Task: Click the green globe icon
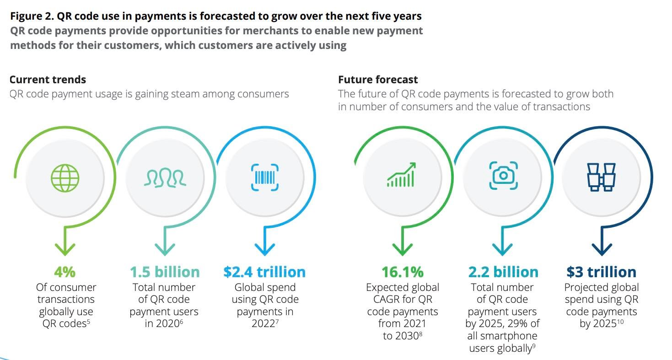(x=65, y=177)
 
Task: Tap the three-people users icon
(x=165, y=177)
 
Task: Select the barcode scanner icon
(x=265, y=177)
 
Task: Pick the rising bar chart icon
(x=401, y=175)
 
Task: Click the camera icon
(x=503, y=175)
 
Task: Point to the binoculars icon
(x=602, y=177)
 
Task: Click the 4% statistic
(x=65, y=272)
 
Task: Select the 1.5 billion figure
(x=165, y=272)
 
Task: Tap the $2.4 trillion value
(x=264, y=272)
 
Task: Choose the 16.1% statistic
(x=403, y=272)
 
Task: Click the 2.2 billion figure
(x=503, y=272)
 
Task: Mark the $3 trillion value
(x=601, y=272)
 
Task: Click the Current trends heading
(x=48, y=80)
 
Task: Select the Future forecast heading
(x=378, y=80)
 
